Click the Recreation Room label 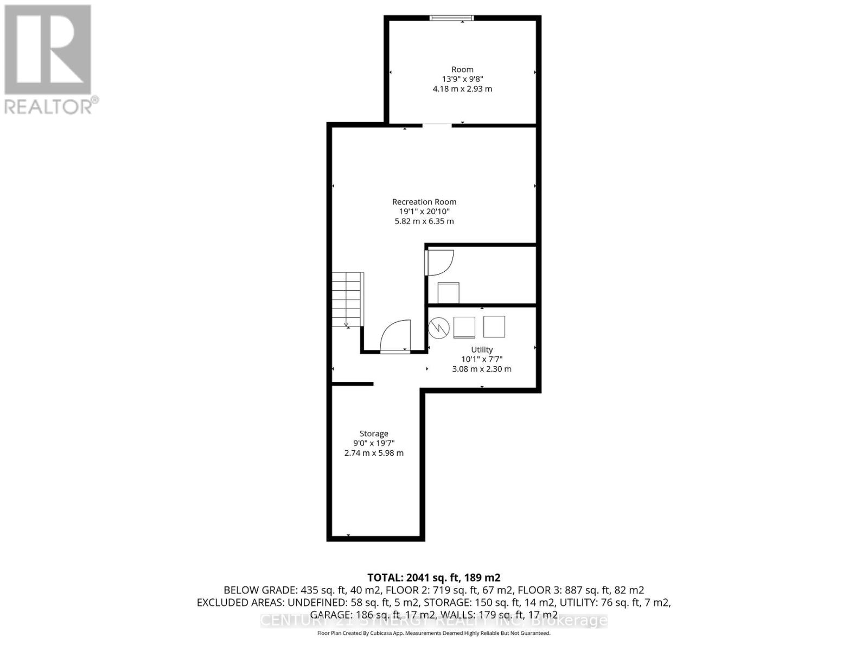pos(424,202)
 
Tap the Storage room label pos(374,433)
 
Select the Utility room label pos(482,349)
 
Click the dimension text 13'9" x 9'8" pos(462,79)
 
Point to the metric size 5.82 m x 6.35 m pos(424,221)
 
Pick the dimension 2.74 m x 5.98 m pos(374,453)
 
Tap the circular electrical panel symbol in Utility pos(439,327)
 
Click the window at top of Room pos(451,18)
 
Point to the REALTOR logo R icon pos(48,50)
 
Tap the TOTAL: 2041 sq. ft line pos(433,577)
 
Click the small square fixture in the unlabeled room pos(449,293)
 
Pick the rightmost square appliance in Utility pos(494,327)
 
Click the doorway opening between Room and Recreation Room pos(437,125)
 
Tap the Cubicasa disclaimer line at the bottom pos(433,633)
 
